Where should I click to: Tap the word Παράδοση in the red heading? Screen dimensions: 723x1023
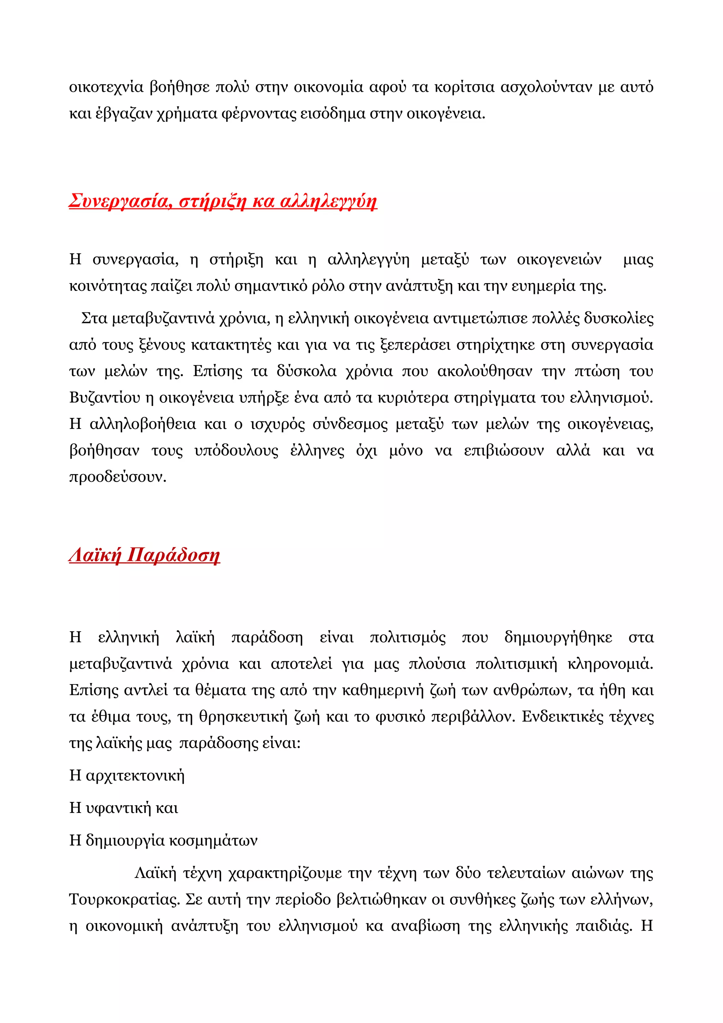(x=173, y=555)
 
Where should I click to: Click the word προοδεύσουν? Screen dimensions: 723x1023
(x=118, y=477)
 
